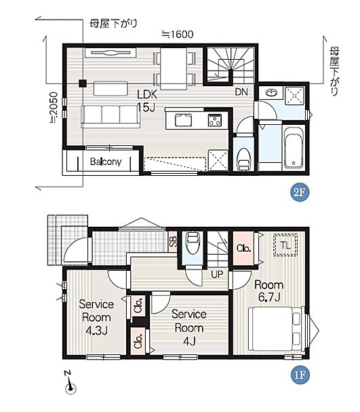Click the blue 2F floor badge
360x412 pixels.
[x=300, y=192]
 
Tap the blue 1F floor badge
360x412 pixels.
[x=300, y=375]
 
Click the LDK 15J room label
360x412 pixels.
[x=147, y=100]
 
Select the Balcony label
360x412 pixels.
[x=106, y=162]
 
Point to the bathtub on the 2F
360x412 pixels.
[x=294, y=148]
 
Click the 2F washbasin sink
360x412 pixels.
[x=271, y=93]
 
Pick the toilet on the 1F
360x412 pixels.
[x=193, y=242]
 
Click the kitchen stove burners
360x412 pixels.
[x=214, y=120]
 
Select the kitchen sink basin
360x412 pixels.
[x=183, y=120]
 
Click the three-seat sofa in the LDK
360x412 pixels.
[x=111, y=117]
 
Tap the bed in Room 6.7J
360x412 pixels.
[x=276, y=329]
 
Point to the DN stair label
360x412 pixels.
[x=241, y=92]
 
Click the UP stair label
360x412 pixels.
[x=217, y=274]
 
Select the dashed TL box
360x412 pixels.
[x=285, y=245]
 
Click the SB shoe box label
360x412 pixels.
[x=173, y=242]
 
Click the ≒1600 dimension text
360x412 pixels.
[x=178, y=34]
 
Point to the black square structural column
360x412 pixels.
[x=83, y=83]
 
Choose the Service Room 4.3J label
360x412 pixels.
[x=96, y=318]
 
